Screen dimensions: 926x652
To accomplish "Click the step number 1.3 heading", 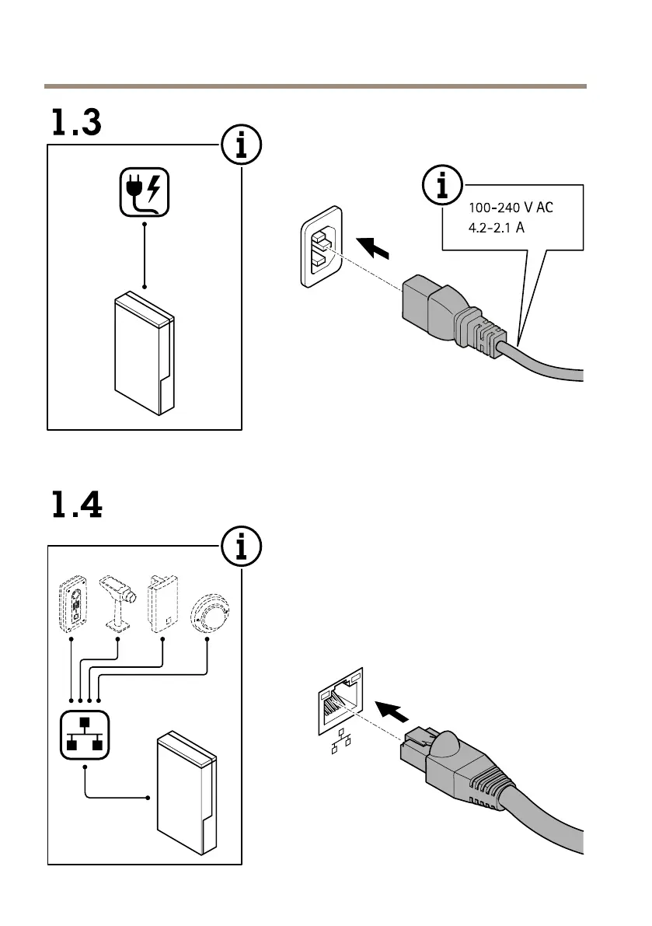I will pyautogui.click(x=77, y=124).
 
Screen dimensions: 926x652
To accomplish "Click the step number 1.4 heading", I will pyautogui.click(x=77, y=505).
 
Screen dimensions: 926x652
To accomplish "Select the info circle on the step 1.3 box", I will pyautogui.click(x=241, y=145).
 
